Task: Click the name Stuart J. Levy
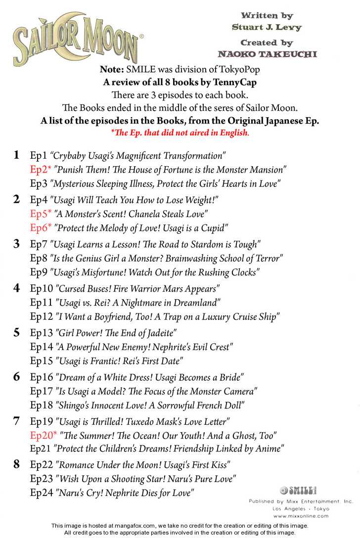point(267,28)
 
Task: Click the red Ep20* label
point(44,436)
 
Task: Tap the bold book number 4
point(17,288)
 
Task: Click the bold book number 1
point(17,155)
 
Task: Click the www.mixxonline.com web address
point(301,516)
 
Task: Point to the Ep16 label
point(42,377)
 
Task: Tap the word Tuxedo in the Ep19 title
point(152,422)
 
